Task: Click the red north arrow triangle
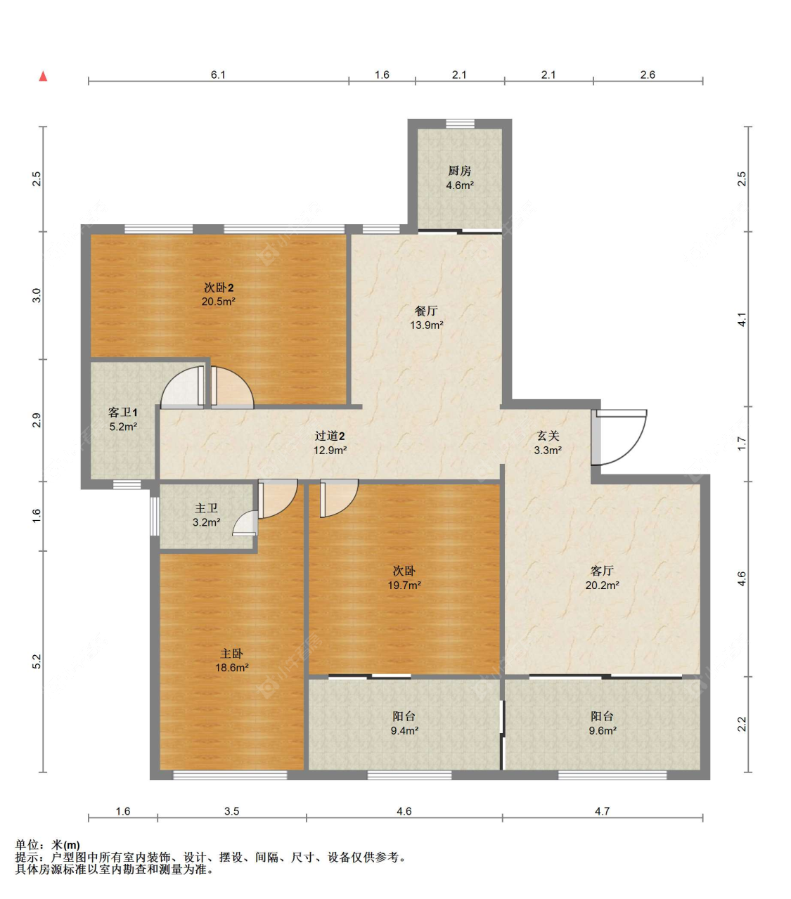point(43,76)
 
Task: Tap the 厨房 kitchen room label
point(459,170)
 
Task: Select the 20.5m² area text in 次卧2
point(219,302)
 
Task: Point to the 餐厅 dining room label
point(426,311)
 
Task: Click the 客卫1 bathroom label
point(123,412)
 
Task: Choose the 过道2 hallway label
point(330,436)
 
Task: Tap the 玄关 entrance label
point(548,436)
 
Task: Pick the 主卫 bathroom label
point(206,508)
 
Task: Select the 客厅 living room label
point(602,571)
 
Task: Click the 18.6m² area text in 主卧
point(232,668)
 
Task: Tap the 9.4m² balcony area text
point(404,730)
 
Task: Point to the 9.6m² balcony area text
point(603,730)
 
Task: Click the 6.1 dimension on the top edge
point(218,75)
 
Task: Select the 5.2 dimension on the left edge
point(37,661)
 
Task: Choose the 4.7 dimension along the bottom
point(602,811)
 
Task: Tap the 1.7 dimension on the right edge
point(742,444)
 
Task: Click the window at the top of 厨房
point(461,124)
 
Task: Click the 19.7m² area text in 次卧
point(404,586)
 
